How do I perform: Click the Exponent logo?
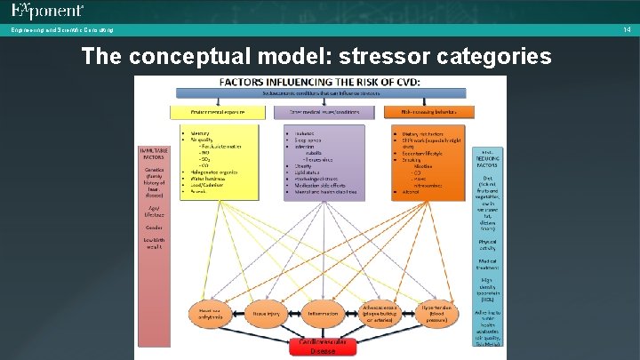[x=48, y=12]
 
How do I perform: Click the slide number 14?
[x=626, y=29]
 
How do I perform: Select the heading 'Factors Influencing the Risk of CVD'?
[x=320, y=82]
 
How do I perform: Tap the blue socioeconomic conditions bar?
[x=320, y=93]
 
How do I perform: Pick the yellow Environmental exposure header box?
[x=217, y=112]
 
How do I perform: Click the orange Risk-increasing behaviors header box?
[x=429, y=112]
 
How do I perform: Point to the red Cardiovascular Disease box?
[x=323, y=346]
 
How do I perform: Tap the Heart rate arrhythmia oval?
[x=211, y=313]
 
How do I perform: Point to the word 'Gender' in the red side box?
[x=155, y=226]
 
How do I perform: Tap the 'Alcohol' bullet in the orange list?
[x=411, y=190]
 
